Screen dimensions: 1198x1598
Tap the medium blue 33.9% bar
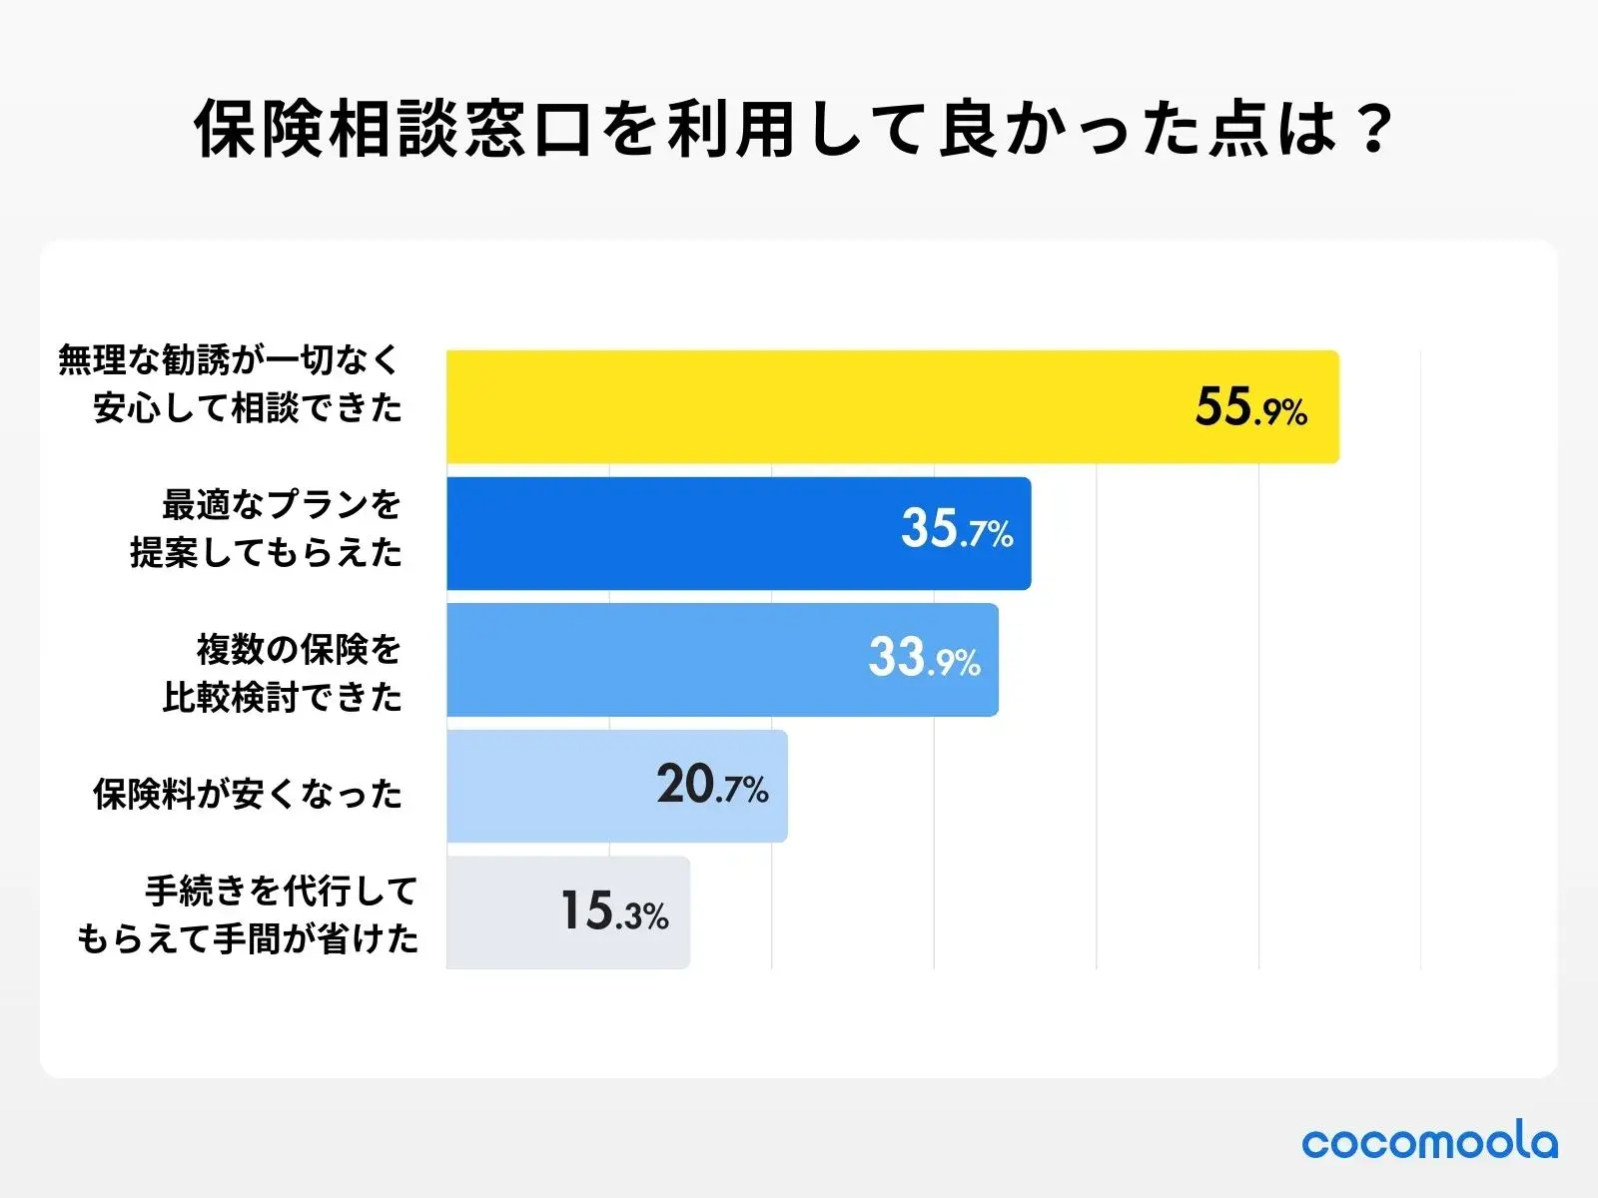click(649, 660)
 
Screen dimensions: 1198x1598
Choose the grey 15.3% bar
click(499, 912)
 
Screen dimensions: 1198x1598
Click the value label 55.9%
click(1250, 408)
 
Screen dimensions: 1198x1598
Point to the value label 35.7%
click(957, 530)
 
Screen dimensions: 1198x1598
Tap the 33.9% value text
click(924, 658)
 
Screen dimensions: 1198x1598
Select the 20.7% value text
click(712, 786)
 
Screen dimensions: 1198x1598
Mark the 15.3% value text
click(613, 911)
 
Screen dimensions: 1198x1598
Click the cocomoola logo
click(1429, 1141)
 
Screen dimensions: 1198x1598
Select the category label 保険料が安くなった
click(248, 794)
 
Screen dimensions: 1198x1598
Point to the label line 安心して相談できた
click(248, 407)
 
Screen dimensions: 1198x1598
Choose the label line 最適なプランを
click(282, 504)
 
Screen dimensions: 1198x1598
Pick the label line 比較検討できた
click(282, 697)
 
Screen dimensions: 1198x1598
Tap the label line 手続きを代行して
click(282, 890)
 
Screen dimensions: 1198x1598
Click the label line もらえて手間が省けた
click(248, 938)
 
